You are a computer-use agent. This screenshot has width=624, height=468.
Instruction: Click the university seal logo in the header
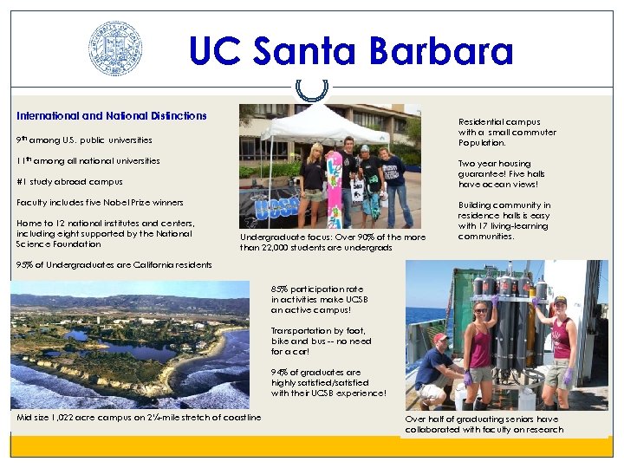(115, 49)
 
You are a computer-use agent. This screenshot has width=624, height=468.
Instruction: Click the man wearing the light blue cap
(368, 178)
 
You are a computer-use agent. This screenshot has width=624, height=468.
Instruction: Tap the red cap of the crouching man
(441, 338)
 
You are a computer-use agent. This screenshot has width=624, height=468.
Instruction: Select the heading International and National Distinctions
(112, 115)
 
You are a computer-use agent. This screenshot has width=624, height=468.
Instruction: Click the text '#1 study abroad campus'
(69, 182)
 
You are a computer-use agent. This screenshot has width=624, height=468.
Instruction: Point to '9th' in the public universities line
(22, 140)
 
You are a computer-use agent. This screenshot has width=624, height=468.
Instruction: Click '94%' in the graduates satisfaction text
(280, 373)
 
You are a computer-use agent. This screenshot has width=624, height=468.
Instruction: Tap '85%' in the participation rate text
(280, 289)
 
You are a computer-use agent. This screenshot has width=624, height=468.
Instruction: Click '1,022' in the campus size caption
(68, 419)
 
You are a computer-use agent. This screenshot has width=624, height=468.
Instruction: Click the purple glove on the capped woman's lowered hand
(568, 376)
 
